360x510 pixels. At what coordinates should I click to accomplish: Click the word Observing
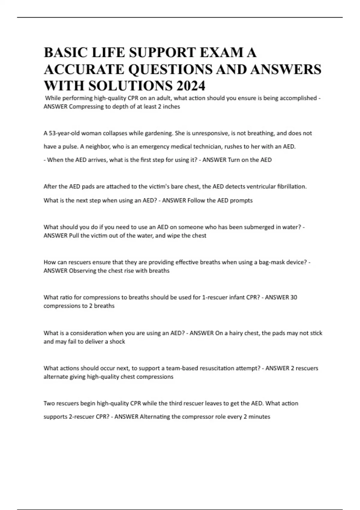coord(83,271)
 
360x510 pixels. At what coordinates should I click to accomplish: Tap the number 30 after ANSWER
coord(294,297)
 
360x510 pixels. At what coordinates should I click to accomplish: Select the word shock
coord(117,342)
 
